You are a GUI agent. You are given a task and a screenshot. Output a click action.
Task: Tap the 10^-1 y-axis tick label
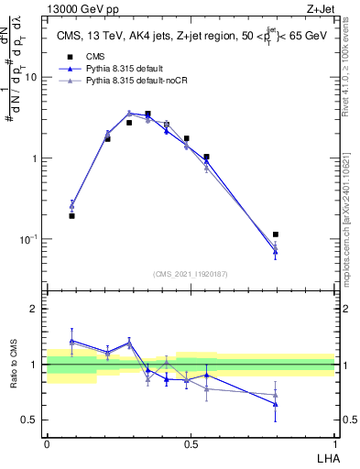coord(30,239)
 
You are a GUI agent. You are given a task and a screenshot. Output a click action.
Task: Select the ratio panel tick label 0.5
coord(30,420)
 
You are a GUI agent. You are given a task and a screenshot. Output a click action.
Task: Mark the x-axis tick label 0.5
coord(191,442)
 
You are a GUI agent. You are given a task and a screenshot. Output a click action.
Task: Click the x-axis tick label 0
coord(47,442)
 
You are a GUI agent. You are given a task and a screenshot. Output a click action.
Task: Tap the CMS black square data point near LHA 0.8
coord(276,234)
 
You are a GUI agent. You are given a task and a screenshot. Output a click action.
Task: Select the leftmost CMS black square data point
coord(71,216)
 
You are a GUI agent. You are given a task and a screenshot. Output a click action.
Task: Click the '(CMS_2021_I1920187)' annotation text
coord(190,274)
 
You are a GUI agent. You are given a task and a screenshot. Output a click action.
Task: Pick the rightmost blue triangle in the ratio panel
coord(276,404)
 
